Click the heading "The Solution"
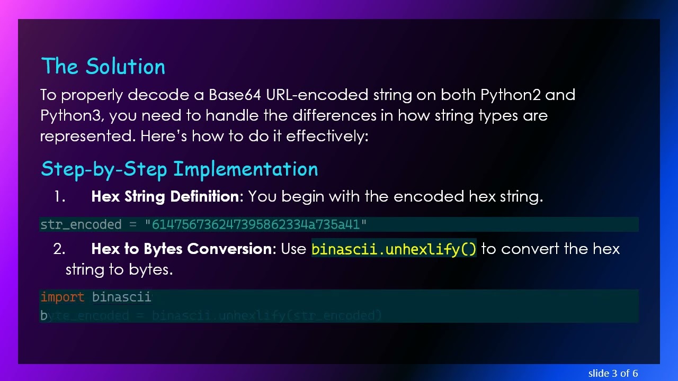pyautogui.click(x=103, y=67)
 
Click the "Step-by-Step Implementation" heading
pyautogui.click(x=179, y=169)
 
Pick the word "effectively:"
pyautogui.click(x=327, y=136)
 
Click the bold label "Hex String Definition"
pyautogui.click(x=165, y=196)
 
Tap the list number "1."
pyautogui.click(x=59, y=197)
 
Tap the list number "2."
pyautogui.click(x=59, y=249)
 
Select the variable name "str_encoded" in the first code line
pyautogui.click(x=81, y=225)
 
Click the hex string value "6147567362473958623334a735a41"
pyautogui.click(x=256, y=225)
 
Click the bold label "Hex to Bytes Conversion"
pyautogui.click(x=181, y=249)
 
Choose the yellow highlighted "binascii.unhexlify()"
pyautogui.click(x=394, y=249)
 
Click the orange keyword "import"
pyautogui.click(x=63, y=297)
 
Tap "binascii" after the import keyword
pyautogui.click(x=122, y=297)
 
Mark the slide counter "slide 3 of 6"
pyautogui.click(x=613, y=373)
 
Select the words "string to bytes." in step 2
pyautogui.click(x=119, y=269)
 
